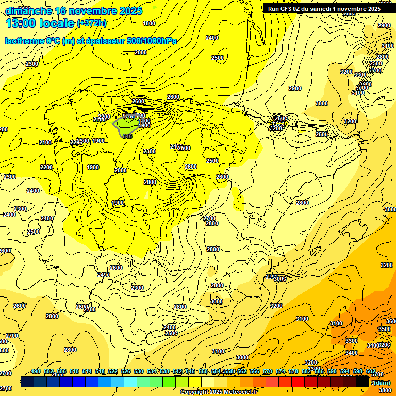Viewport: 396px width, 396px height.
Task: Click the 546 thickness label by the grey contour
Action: tap(127, 136)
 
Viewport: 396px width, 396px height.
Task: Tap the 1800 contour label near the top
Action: tap(149, 23)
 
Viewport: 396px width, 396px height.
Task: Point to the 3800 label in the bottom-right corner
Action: tap(384, 390)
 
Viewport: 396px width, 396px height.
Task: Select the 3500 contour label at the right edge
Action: tap(384, 328)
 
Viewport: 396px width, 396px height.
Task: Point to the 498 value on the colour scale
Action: tap(36, 371)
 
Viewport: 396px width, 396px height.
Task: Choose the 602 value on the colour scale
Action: tap(371, 371)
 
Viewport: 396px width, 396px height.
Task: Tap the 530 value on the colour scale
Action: tap(139, 371)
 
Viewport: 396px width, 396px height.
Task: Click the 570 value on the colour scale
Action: tap(268, 371)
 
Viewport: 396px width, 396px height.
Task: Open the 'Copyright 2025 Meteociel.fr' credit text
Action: tap(219, 392)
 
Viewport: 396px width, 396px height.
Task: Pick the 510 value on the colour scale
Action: tap(74, 371)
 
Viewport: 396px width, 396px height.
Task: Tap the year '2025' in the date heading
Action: tap(131, 11)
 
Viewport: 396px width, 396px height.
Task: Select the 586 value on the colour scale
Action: tap(319, 371)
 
